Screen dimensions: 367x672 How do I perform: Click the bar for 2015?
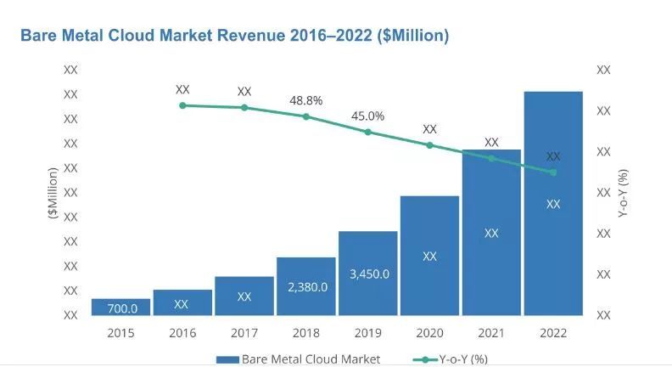pyautogui.click(x=120, y=307)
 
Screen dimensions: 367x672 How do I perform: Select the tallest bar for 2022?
pyautogui.click(x=553, y=204)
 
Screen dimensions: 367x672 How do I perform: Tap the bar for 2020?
pyautogui.click(x=429, y=255)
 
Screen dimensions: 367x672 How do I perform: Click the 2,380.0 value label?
pyautogui.click(x=306, y=288)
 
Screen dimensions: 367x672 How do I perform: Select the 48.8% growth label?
pyautogui.click(x=306, y=100)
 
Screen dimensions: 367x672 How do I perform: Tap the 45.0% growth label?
pyautogui.click(x=368, y=116)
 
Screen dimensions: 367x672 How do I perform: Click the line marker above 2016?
pyautogui.click(x=182, y=105)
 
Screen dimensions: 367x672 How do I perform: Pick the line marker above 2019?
pyautogui.click(x=368, y=133)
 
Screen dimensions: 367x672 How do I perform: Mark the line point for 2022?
pyautogui.click(x=553, y=172)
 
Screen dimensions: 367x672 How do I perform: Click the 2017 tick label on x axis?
pyautogui.click(x=244, y=332)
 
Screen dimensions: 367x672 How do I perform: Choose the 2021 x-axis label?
pyautogui.click(x=491, y=332)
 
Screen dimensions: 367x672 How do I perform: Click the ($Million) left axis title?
pyautogui.click(x=53, y=194)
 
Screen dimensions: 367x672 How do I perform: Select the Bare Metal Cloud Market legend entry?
pyautogui.click(x=298, y=359)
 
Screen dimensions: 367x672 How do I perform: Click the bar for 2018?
pyautogui.click(x=306, y=285)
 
